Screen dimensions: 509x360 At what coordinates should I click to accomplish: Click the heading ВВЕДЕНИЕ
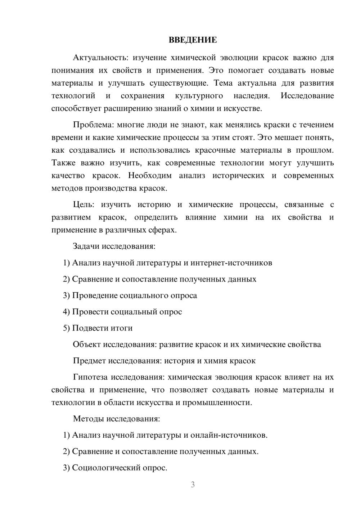point(193,40)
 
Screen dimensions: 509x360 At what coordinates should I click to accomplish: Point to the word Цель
point(84,205)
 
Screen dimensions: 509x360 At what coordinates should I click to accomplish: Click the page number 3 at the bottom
point(193,485)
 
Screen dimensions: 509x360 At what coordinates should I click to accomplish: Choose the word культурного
point(199,96)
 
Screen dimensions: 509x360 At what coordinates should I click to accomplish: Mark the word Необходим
point(149,176)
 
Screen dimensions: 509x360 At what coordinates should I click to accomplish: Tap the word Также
point(63,163)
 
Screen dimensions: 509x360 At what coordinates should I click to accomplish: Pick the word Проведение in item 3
point(95,296)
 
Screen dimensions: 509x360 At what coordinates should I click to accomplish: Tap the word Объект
point(87,344)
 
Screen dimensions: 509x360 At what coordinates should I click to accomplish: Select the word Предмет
point(89,361)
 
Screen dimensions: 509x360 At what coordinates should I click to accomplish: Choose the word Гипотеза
point(90,377)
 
